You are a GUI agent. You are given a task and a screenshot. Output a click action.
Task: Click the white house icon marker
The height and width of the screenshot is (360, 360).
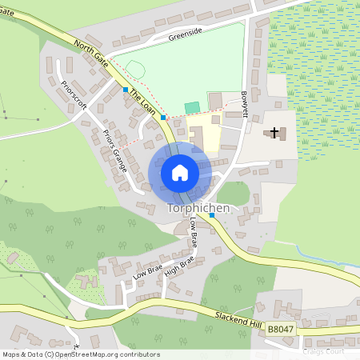click(180, 172)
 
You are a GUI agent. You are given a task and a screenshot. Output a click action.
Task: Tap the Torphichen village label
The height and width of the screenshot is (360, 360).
click(198, 208)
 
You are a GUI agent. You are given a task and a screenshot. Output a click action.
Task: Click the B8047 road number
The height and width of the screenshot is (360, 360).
click(281, 329)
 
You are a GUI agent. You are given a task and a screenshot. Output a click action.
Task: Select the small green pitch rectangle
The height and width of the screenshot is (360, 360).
click(192, 106)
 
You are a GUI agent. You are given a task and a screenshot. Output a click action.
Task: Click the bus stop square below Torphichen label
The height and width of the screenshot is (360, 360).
click(212, 215)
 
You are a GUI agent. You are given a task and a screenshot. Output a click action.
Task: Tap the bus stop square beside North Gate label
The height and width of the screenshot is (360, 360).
click(126, 90)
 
